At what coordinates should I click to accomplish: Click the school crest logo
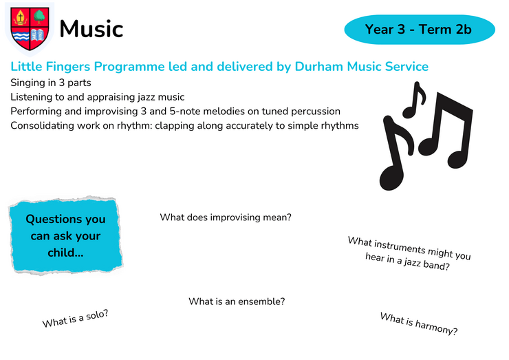click(30, 29)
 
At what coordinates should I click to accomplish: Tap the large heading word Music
click(91, 29)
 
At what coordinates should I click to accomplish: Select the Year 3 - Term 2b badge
click(420, 30)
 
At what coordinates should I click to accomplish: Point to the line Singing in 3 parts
click(51, 83)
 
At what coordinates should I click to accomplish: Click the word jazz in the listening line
click(147, 97)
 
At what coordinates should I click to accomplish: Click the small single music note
click(413, 100)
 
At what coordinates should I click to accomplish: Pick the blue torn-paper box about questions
click(66, 235)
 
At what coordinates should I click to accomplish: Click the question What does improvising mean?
click(226, 217)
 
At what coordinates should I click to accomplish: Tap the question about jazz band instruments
click(409, 254)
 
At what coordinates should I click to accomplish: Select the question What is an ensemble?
click(237, 301)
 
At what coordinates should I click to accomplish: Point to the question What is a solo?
click(75, 319)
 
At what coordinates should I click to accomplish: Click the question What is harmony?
click(419, 324)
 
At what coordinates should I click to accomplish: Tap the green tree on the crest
click(39, 17)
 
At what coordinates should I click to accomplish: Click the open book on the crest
click(38, 35)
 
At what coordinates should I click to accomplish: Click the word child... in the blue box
click(65, 253)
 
